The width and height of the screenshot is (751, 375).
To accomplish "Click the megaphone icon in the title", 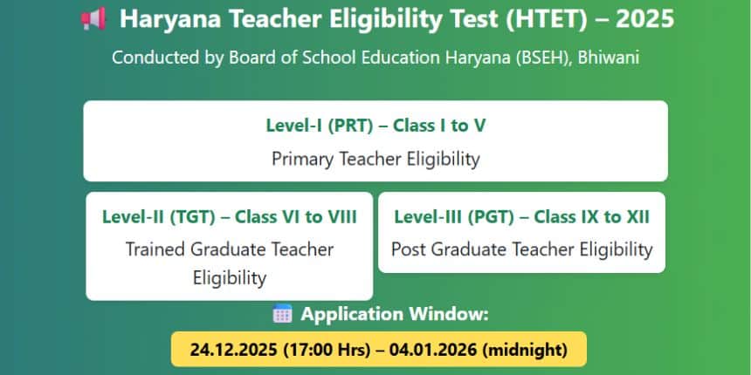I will pyautogui.click(x=93, y=17).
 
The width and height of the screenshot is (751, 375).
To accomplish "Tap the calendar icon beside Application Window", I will pyautogui.click(x=282, y=314).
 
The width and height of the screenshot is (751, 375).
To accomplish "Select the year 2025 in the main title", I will pyautogui.click(x=644, y=17).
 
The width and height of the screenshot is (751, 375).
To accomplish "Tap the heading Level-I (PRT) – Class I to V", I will pyautogui.click(x=375, y=125).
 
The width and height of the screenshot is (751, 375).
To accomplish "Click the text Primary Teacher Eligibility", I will pyautogui.click(x=375, y=160).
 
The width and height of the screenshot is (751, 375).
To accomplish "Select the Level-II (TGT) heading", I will pyautogui.click(x=230, y=216).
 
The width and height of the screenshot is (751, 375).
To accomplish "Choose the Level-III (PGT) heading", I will pyautogui.click(x=522, y=216).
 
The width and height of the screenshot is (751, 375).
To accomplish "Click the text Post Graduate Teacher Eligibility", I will pyautogui.click(x=522, y=249).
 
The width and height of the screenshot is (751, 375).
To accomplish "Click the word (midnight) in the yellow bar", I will pyautogui.click(x=524, y=351).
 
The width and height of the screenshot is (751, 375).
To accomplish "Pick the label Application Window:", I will pyautogui.click(x=395, y=314).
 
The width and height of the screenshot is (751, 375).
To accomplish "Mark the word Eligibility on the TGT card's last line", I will pyautogui.click(x=230, y=279).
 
